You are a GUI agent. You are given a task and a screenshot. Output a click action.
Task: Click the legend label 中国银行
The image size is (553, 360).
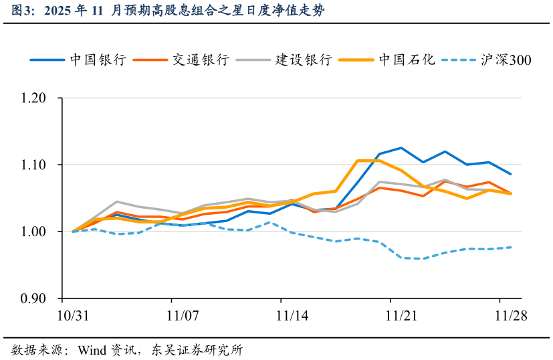(x=98, y=60)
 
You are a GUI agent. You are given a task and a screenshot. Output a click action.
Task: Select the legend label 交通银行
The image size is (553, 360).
(x=201, y=60)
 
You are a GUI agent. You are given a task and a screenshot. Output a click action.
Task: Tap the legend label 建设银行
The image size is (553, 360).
(x=304, y=60)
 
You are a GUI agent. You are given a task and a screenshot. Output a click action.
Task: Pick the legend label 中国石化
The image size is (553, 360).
(x=407, y=60)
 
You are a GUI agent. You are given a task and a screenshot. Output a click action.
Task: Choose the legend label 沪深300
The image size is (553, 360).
(x=506, y=60)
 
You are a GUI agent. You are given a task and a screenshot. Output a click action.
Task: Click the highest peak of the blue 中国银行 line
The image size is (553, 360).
(x=401, y=148)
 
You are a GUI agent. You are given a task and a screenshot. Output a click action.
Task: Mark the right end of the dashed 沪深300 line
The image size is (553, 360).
(x=512, y=248)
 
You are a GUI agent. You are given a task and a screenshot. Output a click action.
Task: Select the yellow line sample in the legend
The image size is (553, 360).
(x=356, y=60)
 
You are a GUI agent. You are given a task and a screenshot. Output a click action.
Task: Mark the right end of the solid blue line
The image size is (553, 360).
(x=512, y=174)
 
